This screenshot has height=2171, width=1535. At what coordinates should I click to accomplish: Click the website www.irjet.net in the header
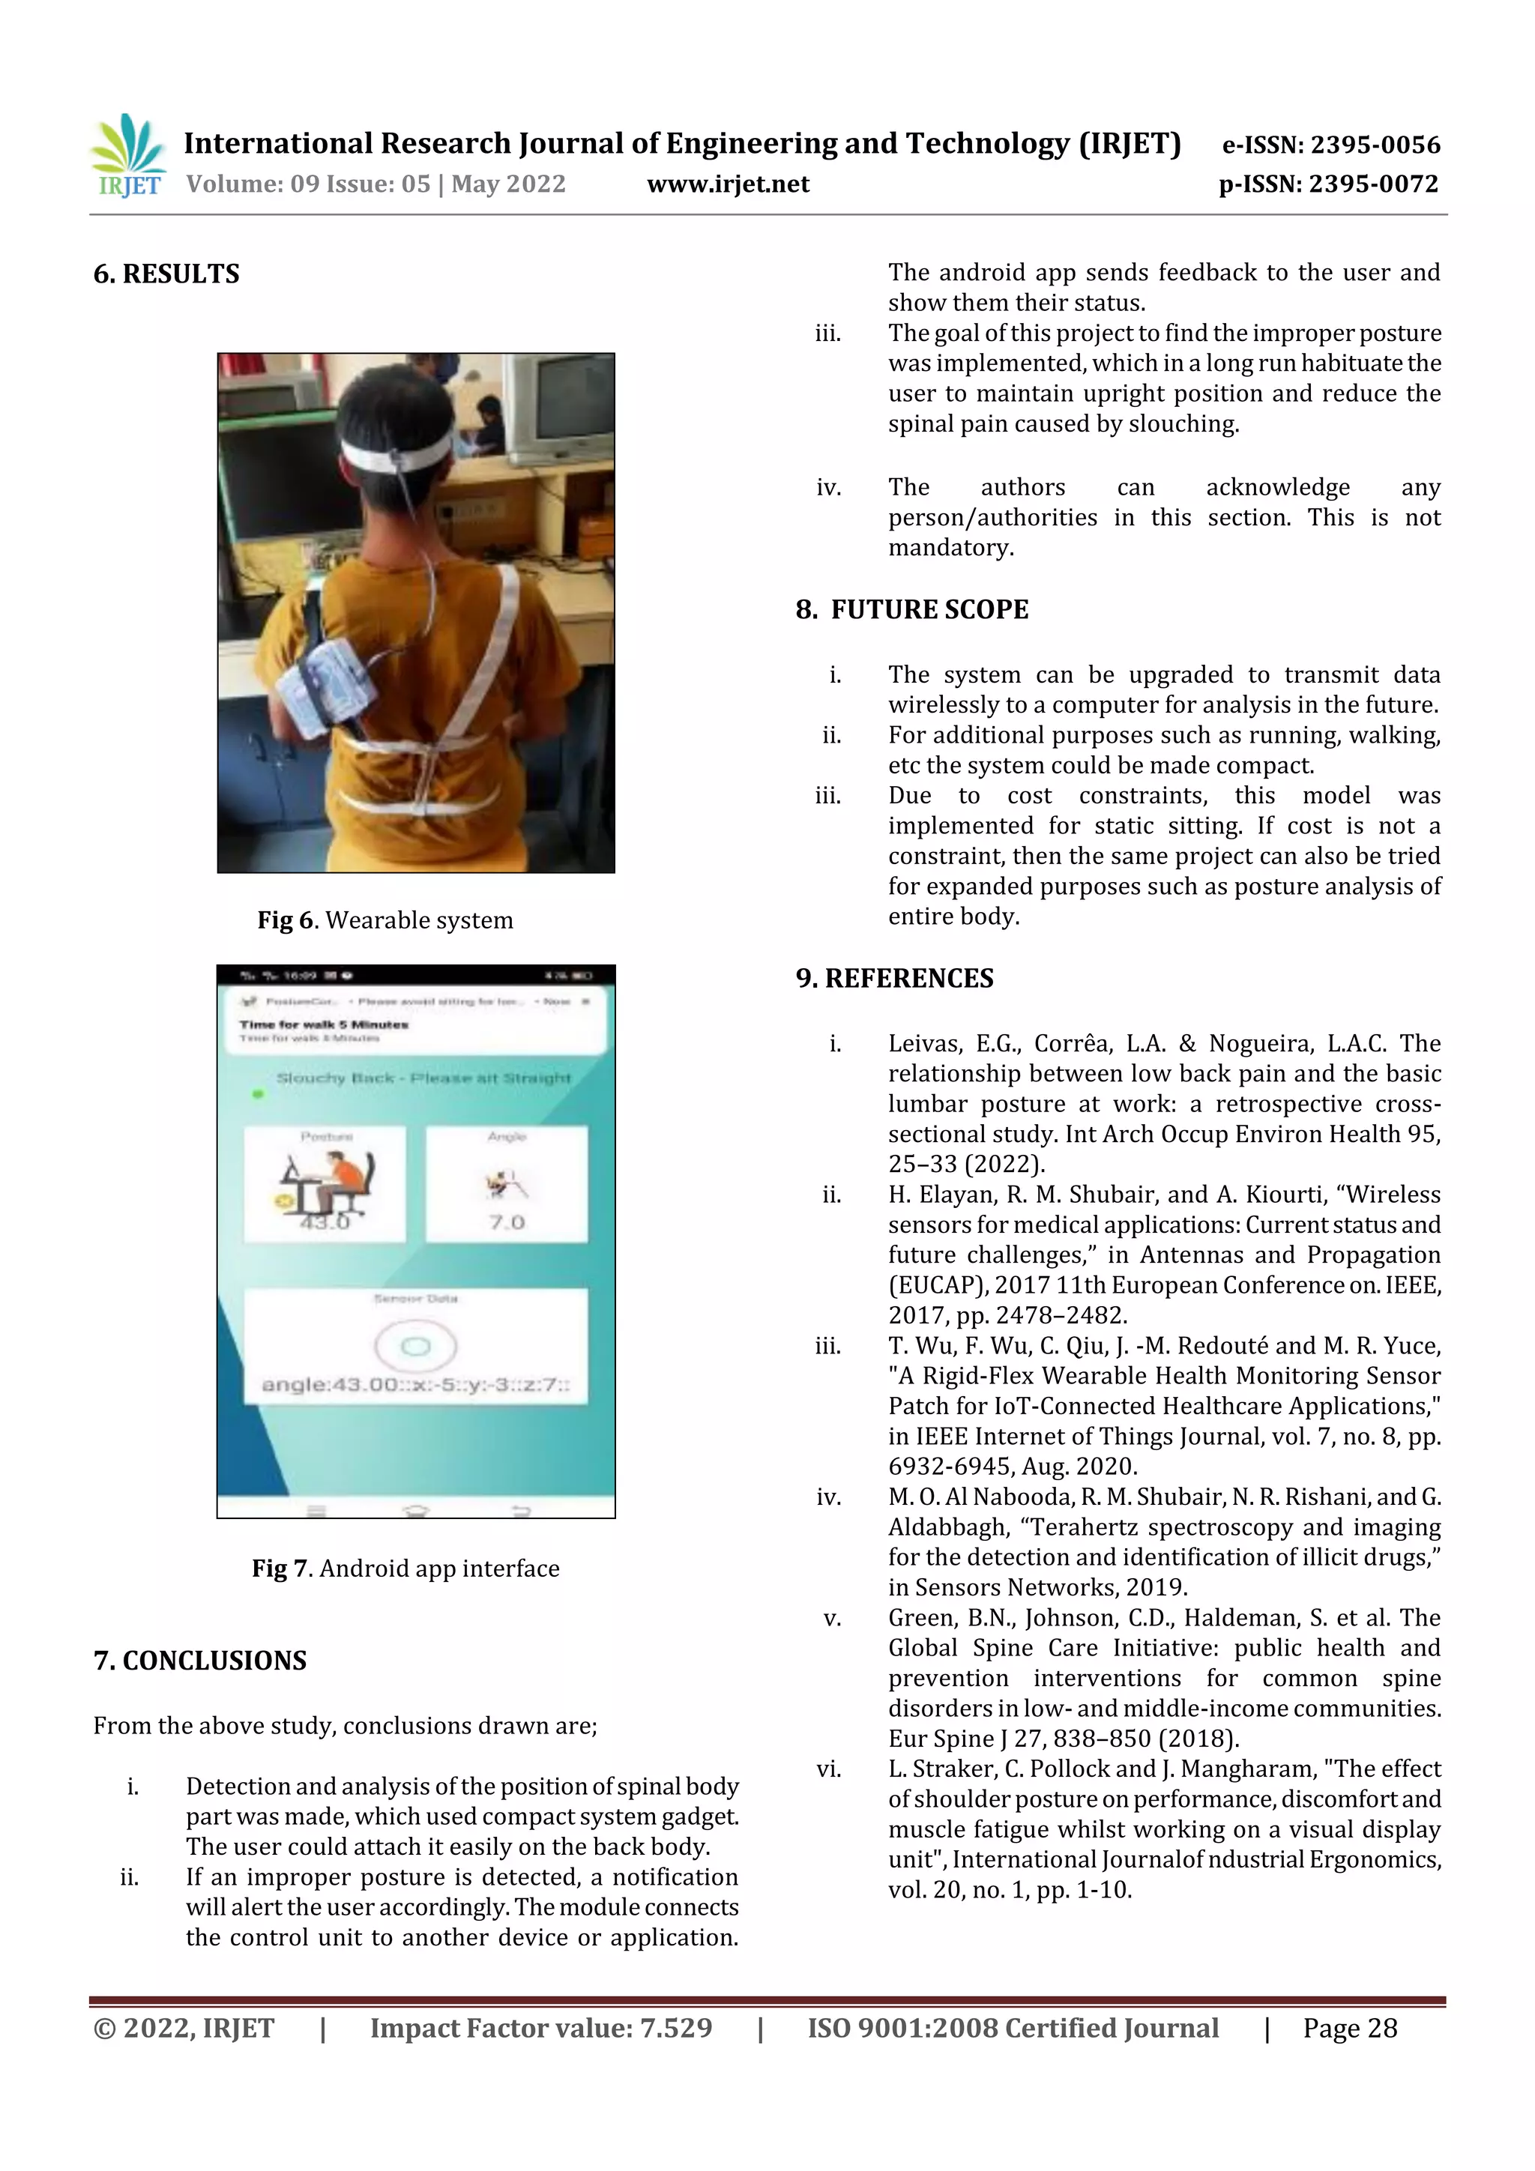(x=727, y=184)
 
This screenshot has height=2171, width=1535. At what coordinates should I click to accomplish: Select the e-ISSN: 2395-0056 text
(x=1330, y=145)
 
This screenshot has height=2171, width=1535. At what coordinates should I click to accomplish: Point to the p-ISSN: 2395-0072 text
(x=1328, y=184)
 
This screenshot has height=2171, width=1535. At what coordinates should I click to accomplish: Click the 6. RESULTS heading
(x=166, y=274)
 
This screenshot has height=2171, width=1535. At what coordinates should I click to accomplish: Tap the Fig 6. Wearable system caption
(x=385, y=920)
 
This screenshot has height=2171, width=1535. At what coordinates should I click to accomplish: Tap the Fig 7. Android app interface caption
(x=405, y=1568)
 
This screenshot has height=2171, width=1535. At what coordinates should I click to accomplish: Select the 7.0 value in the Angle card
(x=507, y=1222)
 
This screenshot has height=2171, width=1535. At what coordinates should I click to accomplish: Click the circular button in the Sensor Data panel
(x=415, y=1345)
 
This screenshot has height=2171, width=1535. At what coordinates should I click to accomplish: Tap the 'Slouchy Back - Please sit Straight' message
(x=423, y=1078)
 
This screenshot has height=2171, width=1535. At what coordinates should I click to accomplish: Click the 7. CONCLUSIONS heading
(x=199, y=1661)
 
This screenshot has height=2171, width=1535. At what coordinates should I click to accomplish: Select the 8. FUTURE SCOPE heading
(x=911, y=610)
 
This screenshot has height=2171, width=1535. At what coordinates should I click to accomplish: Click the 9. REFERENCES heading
(x=895, y=978)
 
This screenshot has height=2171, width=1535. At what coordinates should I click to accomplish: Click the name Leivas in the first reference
(x=924, y=1044)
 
